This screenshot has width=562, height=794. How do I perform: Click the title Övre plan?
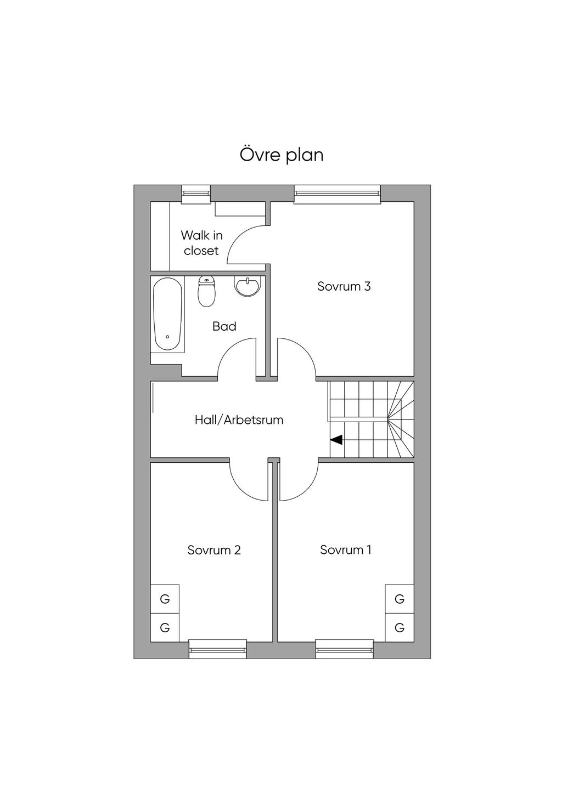(282, 155)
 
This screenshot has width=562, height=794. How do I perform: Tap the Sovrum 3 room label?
(344, 286)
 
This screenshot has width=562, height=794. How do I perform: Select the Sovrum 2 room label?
(214, 550)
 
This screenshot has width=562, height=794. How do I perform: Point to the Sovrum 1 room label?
(345, 549)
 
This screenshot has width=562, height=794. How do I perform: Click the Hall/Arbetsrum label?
(239, 420)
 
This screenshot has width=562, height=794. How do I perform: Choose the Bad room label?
(224, 326)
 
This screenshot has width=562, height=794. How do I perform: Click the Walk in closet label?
(201, 243)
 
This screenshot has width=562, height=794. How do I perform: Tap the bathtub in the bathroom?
(167, 314)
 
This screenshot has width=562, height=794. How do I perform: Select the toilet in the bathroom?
(206, 291)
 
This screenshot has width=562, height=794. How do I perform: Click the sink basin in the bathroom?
(248, 286)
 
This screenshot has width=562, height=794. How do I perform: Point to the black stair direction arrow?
(336, 440)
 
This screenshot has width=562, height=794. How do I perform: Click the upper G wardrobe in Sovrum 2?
(165, 599)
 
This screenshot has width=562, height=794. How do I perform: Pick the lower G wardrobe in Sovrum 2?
(165, 627)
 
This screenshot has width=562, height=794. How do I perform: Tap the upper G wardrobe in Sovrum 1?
(400, 599)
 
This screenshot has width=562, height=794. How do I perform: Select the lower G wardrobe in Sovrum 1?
(400, 627)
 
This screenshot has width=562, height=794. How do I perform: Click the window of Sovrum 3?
(338, 194)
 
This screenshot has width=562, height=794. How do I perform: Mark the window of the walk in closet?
(196, 194)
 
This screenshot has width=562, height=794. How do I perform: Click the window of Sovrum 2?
(217, 649)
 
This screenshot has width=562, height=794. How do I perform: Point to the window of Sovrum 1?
(345, 649)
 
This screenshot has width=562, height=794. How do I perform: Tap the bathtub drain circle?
(167, 337)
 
